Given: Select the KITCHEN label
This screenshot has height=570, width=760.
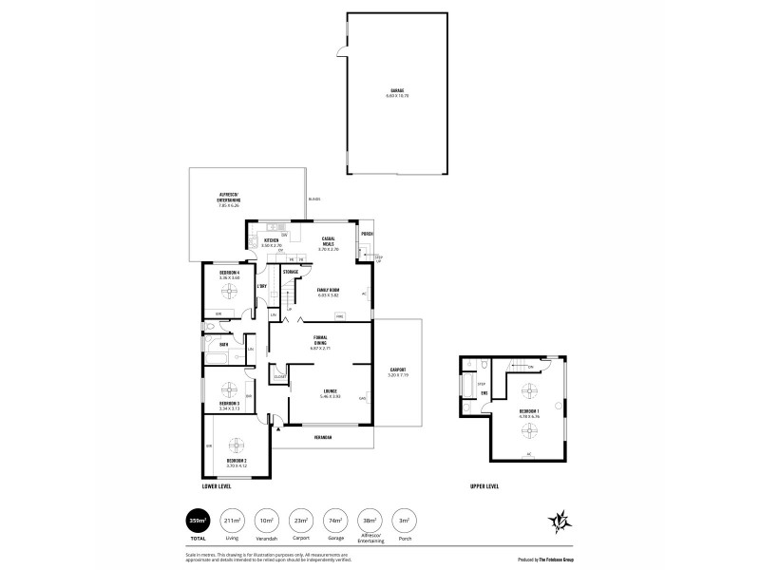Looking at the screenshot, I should pos(271,241).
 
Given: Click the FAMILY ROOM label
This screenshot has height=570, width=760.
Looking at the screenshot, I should pos(327,293).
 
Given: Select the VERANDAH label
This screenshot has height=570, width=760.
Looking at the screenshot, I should pos(326,438).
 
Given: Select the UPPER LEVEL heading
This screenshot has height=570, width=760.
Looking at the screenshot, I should pos(484,486).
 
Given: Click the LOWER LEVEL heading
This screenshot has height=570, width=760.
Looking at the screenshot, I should pos(217,486).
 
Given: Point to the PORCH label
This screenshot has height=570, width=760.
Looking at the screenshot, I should pos(367,233).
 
